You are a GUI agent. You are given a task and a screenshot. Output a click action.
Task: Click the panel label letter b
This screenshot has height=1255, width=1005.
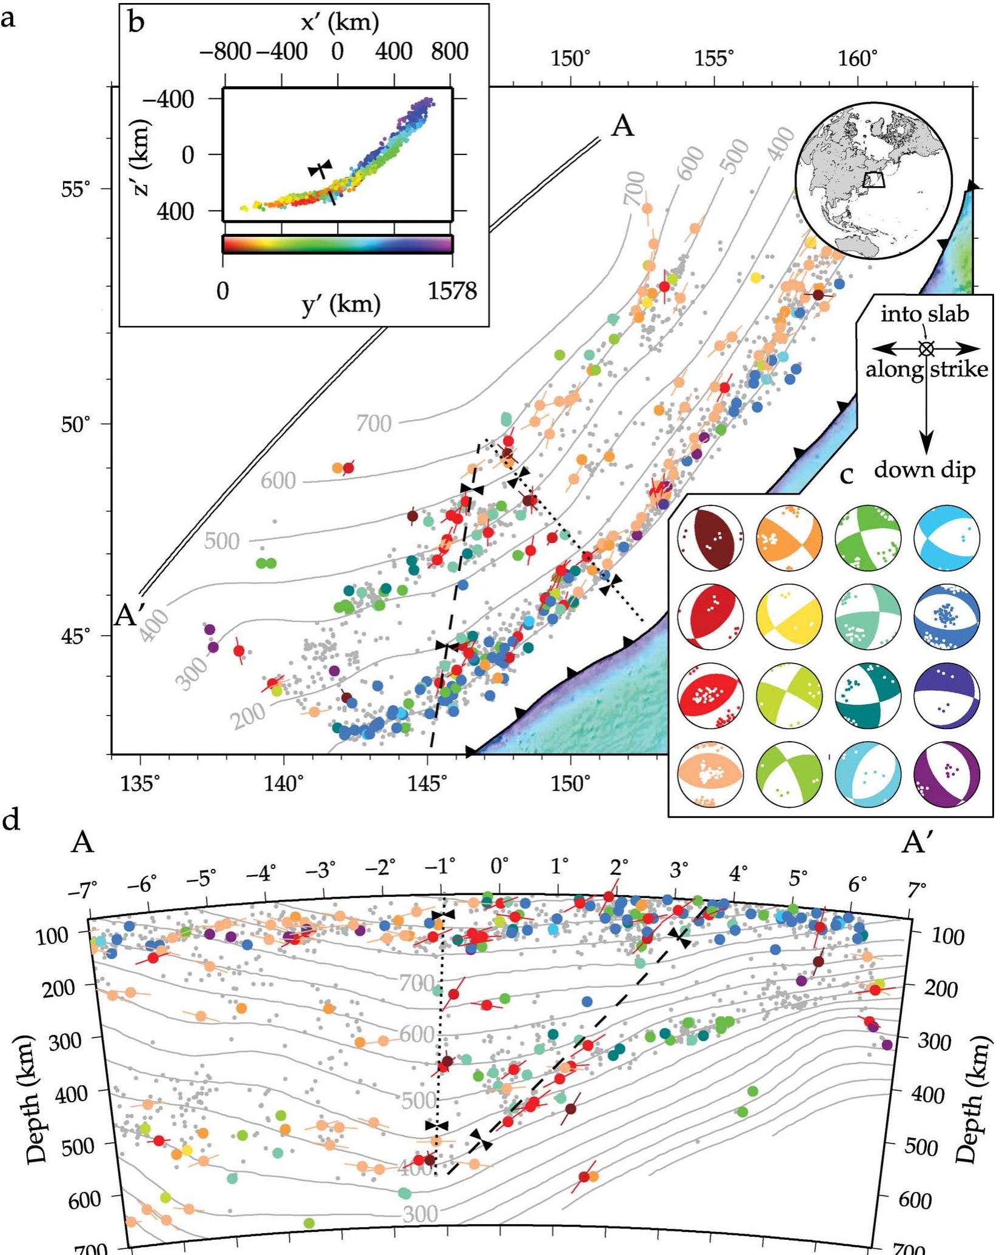coord(137,23)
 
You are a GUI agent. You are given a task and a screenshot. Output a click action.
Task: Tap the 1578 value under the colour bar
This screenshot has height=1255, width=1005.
coord(452,291)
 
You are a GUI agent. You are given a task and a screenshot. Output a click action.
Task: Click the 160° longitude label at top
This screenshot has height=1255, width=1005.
coord(858,59)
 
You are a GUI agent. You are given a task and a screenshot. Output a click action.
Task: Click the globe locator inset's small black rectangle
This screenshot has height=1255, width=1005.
coord(873,180)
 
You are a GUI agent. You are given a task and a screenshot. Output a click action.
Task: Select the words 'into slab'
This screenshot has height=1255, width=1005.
coord(924,314)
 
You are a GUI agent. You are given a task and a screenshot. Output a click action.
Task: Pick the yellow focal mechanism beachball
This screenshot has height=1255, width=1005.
coord(789,616)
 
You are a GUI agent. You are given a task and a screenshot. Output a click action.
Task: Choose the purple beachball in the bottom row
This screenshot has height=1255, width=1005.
coord(946,774)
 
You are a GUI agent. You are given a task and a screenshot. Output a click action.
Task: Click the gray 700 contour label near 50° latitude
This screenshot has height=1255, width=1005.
coord(373,423)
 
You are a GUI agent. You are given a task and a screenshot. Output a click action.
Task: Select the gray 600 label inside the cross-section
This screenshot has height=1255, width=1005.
coord(417,1033)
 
